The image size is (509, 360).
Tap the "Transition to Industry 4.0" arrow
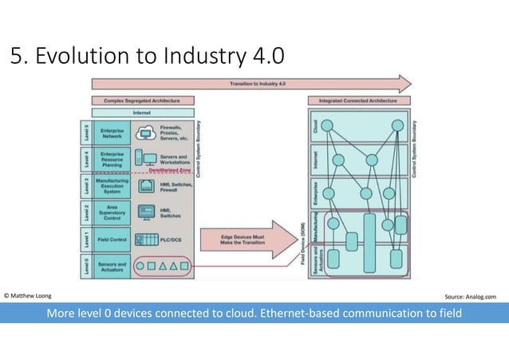coord(252,84)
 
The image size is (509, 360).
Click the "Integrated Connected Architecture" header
coord(357,101)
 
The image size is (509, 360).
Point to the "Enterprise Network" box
coord(112,133)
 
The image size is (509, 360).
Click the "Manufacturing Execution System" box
coord(112,186)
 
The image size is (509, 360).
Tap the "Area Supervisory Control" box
coord(112,212)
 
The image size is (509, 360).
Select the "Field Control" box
coord(112,239)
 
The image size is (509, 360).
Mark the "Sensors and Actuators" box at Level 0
coord(112,266)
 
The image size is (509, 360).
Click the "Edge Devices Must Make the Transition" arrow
coord(247,239)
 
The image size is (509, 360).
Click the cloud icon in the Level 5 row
coord(145,132)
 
